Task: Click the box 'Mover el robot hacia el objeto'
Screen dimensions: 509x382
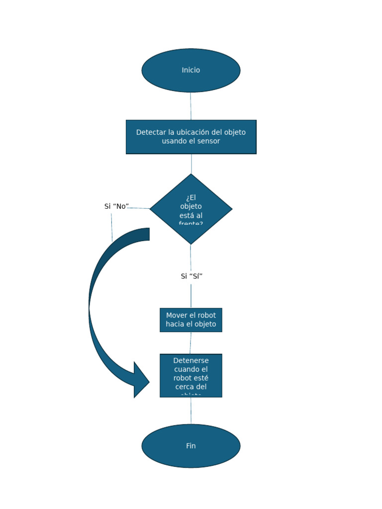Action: [x=191, y=320]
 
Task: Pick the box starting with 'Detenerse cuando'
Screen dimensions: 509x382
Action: [x=191, y=375]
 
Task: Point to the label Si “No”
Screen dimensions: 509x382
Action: [x=116, y=206]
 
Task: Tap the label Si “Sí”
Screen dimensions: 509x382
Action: [x=191, y=276]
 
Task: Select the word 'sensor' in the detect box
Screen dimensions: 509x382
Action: [x=208, y=141]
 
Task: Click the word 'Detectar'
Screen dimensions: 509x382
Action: [x=151, y=132]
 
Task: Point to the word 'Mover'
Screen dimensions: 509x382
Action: [x=176, y=316]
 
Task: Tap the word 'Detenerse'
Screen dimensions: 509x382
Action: [x=191, y=361]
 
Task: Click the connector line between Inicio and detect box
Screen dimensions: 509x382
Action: [x=191, y=106]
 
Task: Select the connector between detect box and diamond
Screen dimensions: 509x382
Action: [x=191, y=164]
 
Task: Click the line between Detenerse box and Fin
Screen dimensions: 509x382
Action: [x=191, y=411]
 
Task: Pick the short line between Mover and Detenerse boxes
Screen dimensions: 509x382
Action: [x=191, y=342]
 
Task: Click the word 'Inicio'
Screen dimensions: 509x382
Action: [x=191, y=70]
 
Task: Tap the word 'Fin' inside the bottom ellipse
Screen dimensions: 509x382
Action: [x=191, y=446]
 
